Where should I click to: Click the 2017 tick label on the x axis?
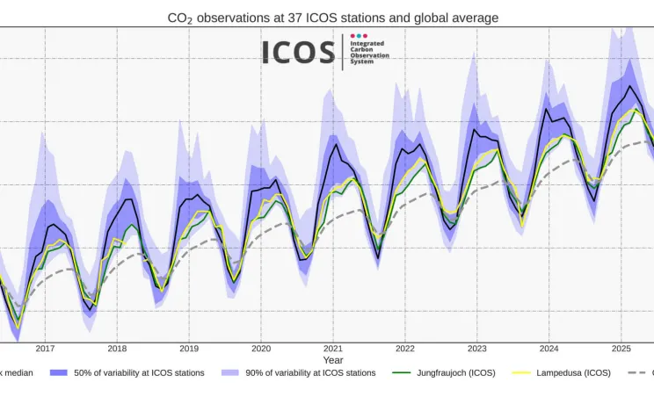(45, 349)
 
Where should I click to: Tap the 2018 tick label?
(117, 349)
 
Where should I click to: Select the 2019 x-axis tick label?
(189, 349)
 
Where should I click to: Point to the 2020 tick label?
(261, 349)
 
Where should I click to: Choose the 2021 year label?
(333, 349)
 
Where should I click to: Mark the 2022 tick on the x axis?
(405, 349)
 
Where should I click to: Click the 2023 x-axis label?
(477, 349)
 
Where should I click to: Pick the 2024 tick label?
(549, 349)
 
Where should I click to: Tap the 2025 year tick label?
(621, 349)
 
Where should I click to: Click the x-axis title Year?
(333, 360)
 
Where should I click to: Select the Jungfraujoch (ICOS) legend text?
(456, 373)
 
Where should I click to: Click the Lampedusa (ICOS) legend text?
(573, 373)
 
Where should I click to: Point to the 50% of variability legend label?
(139, 373)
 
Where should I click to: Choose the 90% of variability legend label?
(310, 373)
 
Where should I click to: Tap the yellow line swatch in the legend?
(522, 373)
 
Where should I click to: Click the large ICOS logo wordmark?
(298, 53)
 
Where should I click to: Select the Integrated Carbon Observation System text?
(369, 53)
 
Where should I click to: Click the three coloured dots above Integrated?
(359, 36)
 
